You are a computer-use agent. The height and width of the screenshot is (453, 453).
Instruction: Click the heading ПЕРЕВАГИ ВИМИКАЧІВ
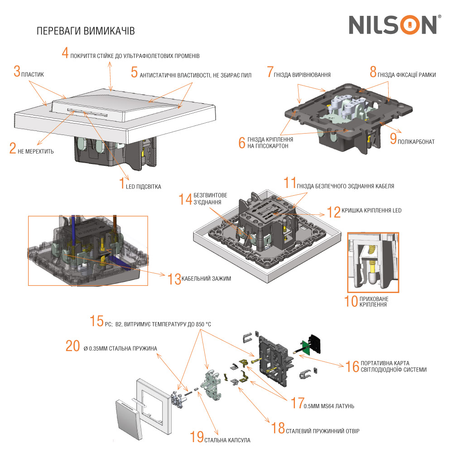point(85,31)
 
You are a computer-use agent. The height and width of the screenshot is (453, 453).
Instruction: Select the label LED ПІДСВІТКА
point(143,186)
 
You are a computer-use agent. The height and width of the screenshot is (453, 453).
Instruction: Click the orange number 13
point(174,279)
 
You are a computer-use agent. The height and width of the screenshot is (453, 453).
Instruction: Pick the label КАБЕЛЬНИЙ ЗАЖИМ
point(206,279)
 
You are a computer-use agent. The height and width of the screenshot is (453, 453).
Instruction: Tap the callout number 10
point(351,301)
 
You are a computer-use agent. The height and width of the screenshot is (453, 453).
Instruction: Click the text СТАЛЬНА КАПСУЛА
point(227,440)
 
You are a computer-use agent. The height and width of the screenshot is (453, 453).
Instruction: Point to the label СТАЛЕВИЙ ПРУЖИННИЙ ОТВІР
point(323,430)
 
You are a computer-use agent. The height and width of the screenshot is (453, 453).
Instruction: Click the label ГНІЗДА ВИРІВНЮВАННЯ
point(302,74)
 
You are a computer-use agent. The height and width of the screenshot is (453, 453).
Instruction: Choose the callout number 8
point(373,72)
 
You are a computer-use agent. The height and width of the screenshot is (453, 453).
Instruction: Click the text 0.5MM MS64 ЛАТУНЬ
point(329,405)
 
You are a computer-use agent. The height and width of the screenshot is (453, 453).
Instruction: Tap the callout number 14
point(185,199)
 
